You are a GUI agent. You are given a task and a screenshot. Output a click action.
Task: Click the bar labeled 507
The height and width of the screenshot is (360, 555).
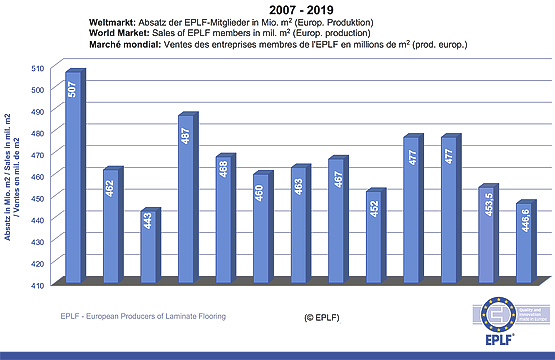click(73, 176)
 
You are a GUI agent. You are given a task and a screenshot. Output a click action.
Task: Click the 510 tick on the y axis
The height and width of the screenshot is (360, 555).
click(37, 67)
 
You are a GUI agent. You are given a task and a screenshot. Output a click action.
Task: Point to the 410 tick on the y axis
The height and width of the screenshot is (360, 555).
click(37, 285)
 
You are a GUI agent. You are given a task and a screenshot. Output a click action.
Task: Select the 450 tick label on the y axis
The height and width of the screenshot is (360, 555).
click(37, 198)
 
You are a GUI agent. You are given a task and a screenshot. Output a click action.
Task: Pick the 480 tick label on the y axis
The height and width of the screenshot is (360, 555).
click(37, 132)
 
